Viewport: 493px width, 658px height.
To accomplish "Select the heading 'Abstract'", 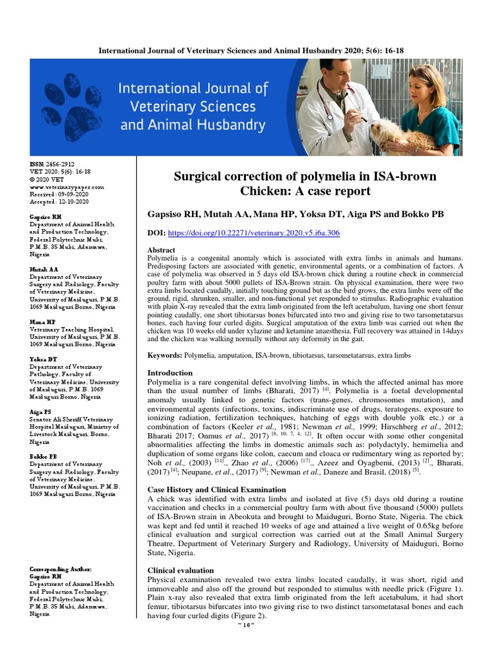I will coord(161,250).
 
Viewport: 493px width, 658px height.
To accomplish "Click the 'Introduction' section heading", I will coord(169,373).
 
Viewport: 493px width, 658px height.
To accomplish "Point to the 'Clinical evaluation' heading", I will coord(180,570).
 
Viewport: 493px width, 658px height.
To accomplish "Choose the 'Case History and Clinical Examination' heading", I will coord(217,489).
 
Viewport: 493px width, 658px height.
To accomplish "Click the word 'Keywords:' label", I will coord(165,355).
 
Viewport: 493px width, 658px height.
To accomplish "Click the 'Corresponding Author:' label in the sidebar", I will coord(61,569).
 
